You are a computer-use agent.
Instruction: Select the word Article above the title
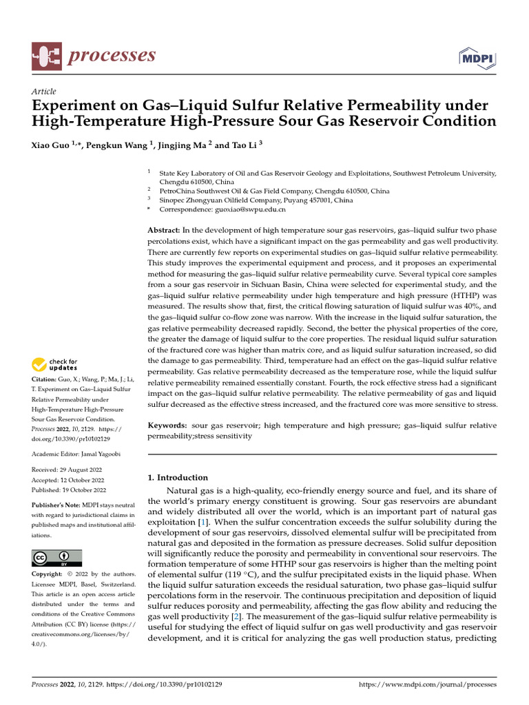[44, 92]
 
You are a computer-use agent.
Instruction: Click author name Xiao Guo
[49, 145]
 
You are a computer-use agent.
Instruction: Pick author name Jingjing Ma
[183, 145]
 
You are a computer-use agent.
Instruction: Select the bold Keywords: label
[169, 425]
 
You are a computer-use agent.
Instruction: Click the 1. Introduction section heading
[178, 477]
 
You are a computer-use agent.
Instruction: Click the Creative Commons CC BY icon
[57, 557]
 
